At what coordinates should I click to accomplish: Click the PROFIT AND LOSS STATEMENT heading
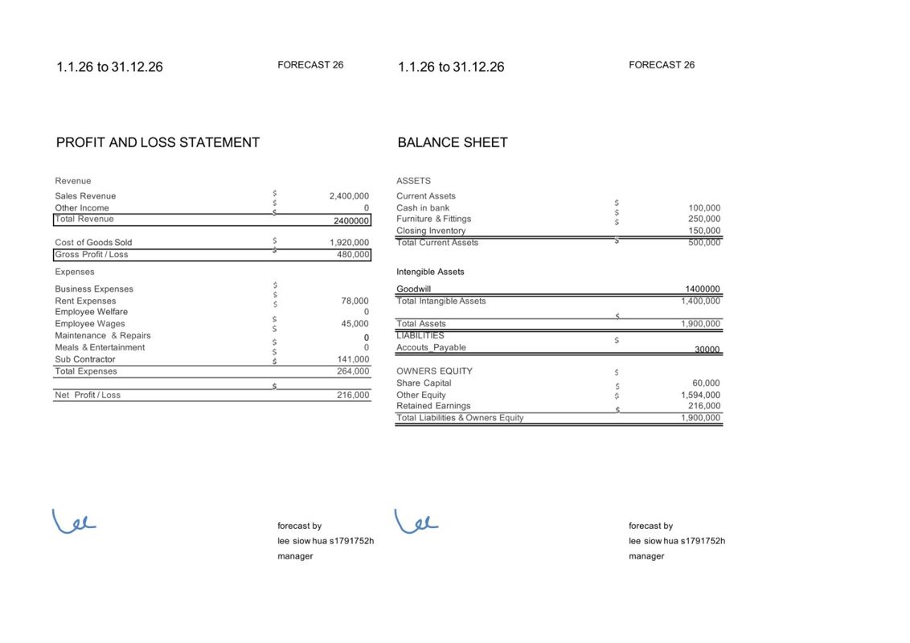point(158,142)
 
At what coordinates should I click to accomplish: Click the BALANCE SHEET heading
point(453,142)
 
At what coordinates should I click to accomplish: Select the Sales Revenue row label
point(85,196)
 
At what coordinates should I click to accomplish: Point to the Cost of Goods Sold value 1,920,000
point(349,243)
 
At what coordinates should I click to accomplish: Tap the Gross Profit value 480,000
point(353,255)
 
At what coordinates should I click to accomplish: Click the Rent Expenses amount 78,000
point(355,301)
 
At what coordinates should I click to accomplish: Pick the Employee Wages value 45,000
point(355,324)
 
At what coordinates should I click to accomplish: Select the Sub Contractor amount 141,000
point(353,359)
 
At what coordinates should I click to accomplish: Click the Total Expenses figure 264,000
point(353,371)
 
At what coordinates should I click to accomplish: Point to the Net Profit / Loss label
point(88,395)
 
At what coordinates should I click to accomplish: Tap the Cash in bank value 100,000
point(704,208)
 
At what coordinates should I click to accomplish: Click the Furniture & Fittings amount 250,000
point(704,219)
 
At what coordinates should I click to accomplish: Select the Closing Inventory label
point(431,231)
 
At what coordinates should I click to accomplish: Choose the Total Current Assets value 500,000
point(704,242)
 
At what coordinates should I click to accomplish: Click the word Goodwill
point(413,289)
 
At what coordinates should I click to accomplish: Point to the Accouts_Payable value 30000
point(707,350)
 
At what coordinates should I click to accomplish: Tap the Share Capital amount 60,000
point(706,383)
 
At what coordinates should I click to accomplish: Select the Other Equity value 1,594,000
point(700,395)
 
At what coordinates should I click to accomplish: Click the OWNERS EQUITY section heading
point(434,371)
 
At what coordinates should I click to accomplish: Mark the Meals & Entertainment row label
point(100,347)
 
